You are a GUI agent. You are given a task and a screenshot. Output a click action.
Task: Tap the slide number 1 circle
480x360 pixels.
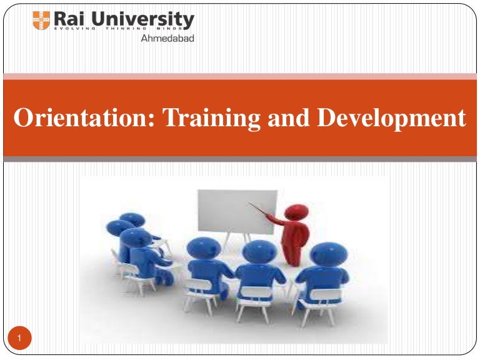pyautogui.click(x=20, y=339)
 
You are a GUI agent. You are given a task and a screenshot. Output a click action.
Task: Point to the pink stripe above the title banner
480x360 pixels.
pyautogui.click(x=240, y=76)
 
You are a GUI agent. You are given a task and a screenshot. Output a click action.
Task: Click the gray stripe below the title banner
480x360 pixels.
pyautogui.click(x=240, y=159)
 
